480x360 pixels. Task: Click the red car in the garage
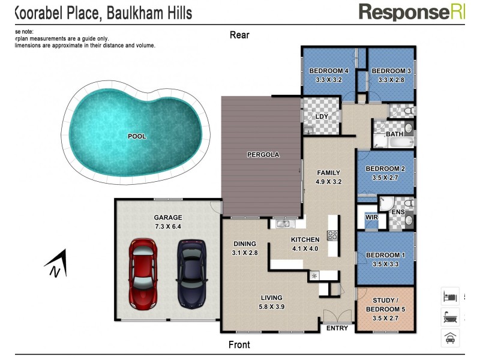(x=143, y=272)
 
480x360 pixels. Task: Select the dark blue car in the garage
(x=191, y=272)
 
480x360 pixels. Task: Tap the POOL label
(x=137, y=136)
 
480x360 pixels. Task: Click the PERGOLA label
(x=263, y=155)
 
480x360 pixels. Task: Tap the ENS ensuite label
(x=398, y=212)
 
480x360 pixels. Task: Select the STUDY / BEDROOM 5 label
(x=385, y=305)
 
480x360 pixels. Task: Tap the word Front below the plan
(x=239, y=345)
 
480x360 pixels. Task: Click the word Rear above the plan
(x=239, y=35)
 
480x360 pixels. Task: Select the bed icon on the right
(x=450, y=296)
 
